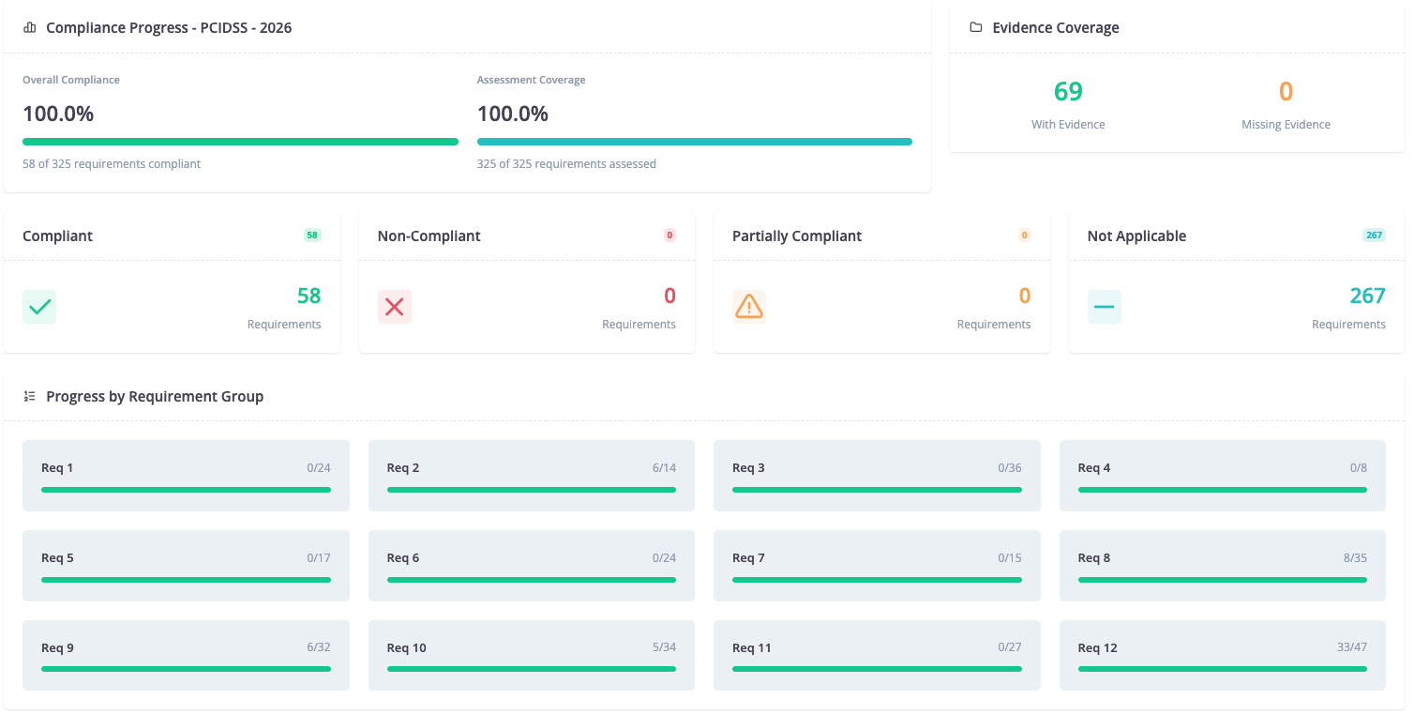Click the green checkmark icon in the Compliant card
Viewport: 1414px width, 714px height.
click(39, 307)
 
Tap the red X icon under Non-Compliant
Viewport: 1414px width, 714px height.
click(395, 307)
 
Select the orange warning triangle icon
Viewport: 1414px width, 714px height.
click(749, 307)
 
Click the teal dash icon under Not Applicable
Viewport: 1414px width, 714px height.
click(1104, 307)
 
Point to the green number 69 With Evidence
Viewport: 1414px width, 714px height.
click(1068, 92)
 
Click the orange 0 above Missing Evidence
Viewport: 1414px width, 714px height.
click(1286, 92)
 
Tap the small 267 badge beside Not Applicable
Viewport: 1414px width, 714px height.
click(1375, 235)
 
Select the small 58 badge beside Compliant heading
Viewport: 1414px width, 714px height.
click(312, 235)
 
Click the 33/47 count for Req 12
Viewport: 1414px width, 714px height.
click(1351, 647)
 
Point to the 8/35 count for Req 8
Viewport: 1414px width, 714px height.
click(1355, 558)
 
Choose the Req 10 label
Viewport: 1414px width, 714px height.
click(407, 647)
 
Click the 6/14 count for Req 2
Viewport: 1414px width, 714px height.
click(664, 468)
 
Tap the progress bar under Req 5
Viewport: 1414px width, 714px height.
click(187, 580)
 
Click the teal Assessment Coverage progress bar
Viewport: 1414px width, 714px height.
click(695, 142)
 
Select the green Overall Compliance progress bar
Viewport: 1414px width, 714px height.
click(240, 142)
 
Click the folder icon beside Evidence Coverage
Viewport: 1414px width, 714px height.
click(976, 27)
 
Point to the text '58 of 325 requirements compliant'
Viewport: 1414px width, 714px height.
click(112, 163)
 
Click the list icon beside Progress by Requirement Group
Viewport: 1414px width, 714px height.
click(30, 396)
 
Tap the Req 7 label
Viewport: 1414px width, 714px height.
click(748, 558)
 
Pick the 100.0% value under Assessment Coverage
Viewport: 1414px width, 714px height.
click(513, 114)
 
